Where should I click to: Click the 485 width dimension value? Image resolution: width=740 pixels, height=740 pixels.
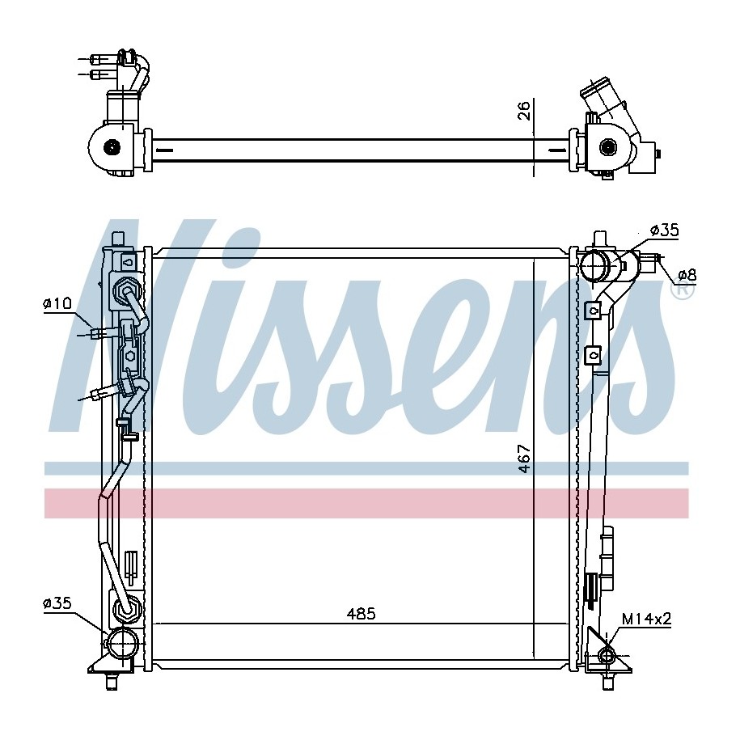(x=361, y=614)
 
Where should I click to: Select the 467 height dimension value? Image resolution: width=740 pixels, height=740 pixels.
(x=524, y=459)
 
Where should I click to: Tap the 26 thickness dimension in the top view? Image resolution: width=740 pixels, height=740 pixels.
(x=524, y=110)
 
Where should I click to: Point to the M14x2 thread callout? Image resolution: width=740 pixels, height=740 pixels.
(x=646, y=618)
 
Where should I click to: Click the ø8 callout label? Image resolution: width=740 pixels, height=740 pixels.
(x=687, y=274)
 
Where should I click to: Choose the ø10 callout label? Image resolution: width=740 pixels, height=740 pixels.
(x=57, y=303)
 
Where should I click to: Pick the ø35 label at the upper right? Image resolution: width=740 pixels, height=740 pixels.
(x=665, y=230)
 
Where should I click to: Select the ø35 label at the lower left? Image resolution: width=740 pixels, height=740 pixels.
(x=57, y=603)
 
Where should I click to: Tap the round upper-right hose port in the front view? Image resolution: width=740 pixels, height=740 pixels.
(x=594, y=267)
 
